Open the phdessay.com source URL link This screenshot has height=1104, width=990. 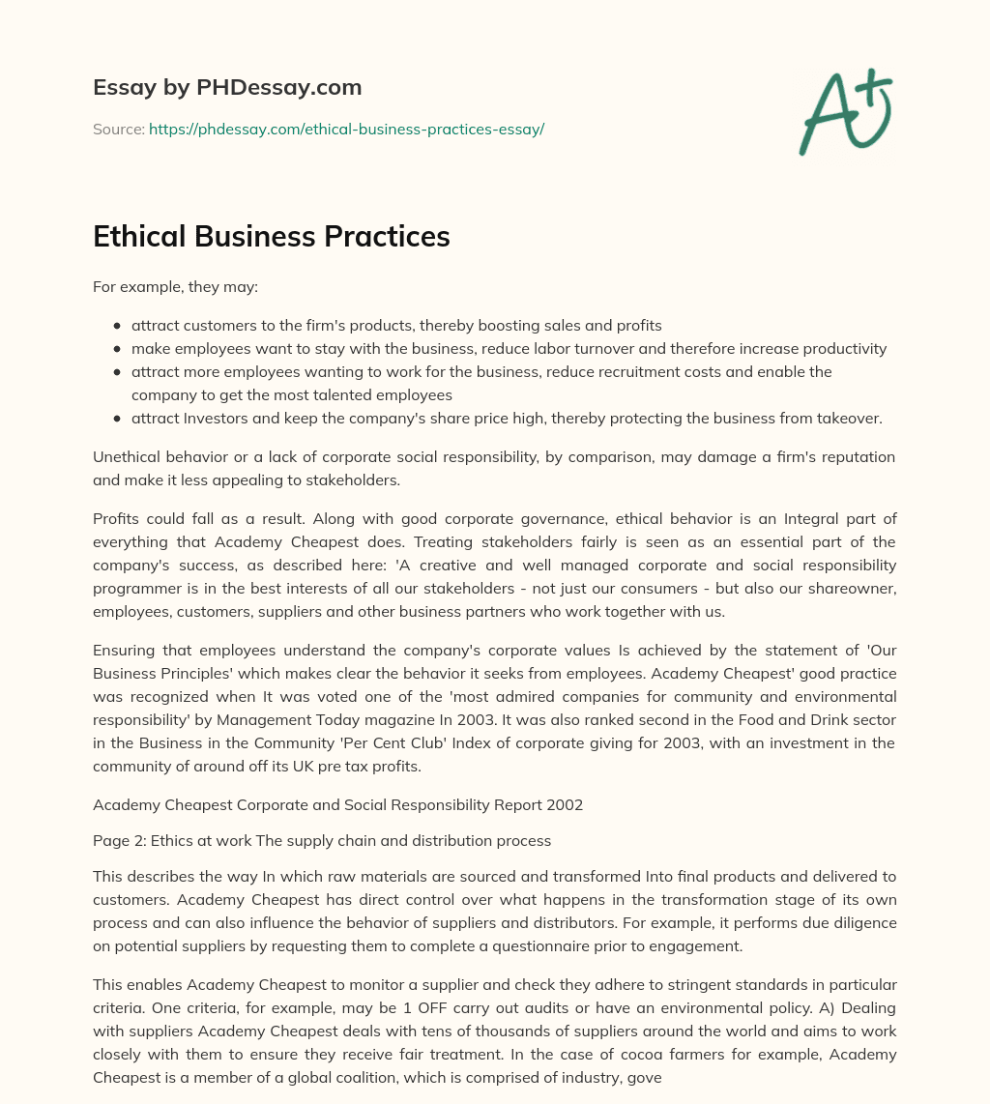[346, 129]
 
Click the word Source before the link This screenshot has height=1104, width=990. [118, 129]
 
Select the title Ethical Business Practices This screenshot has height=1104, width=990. [272, 237]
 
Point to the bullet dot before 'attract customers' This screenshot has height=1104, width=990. [117, 326]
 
